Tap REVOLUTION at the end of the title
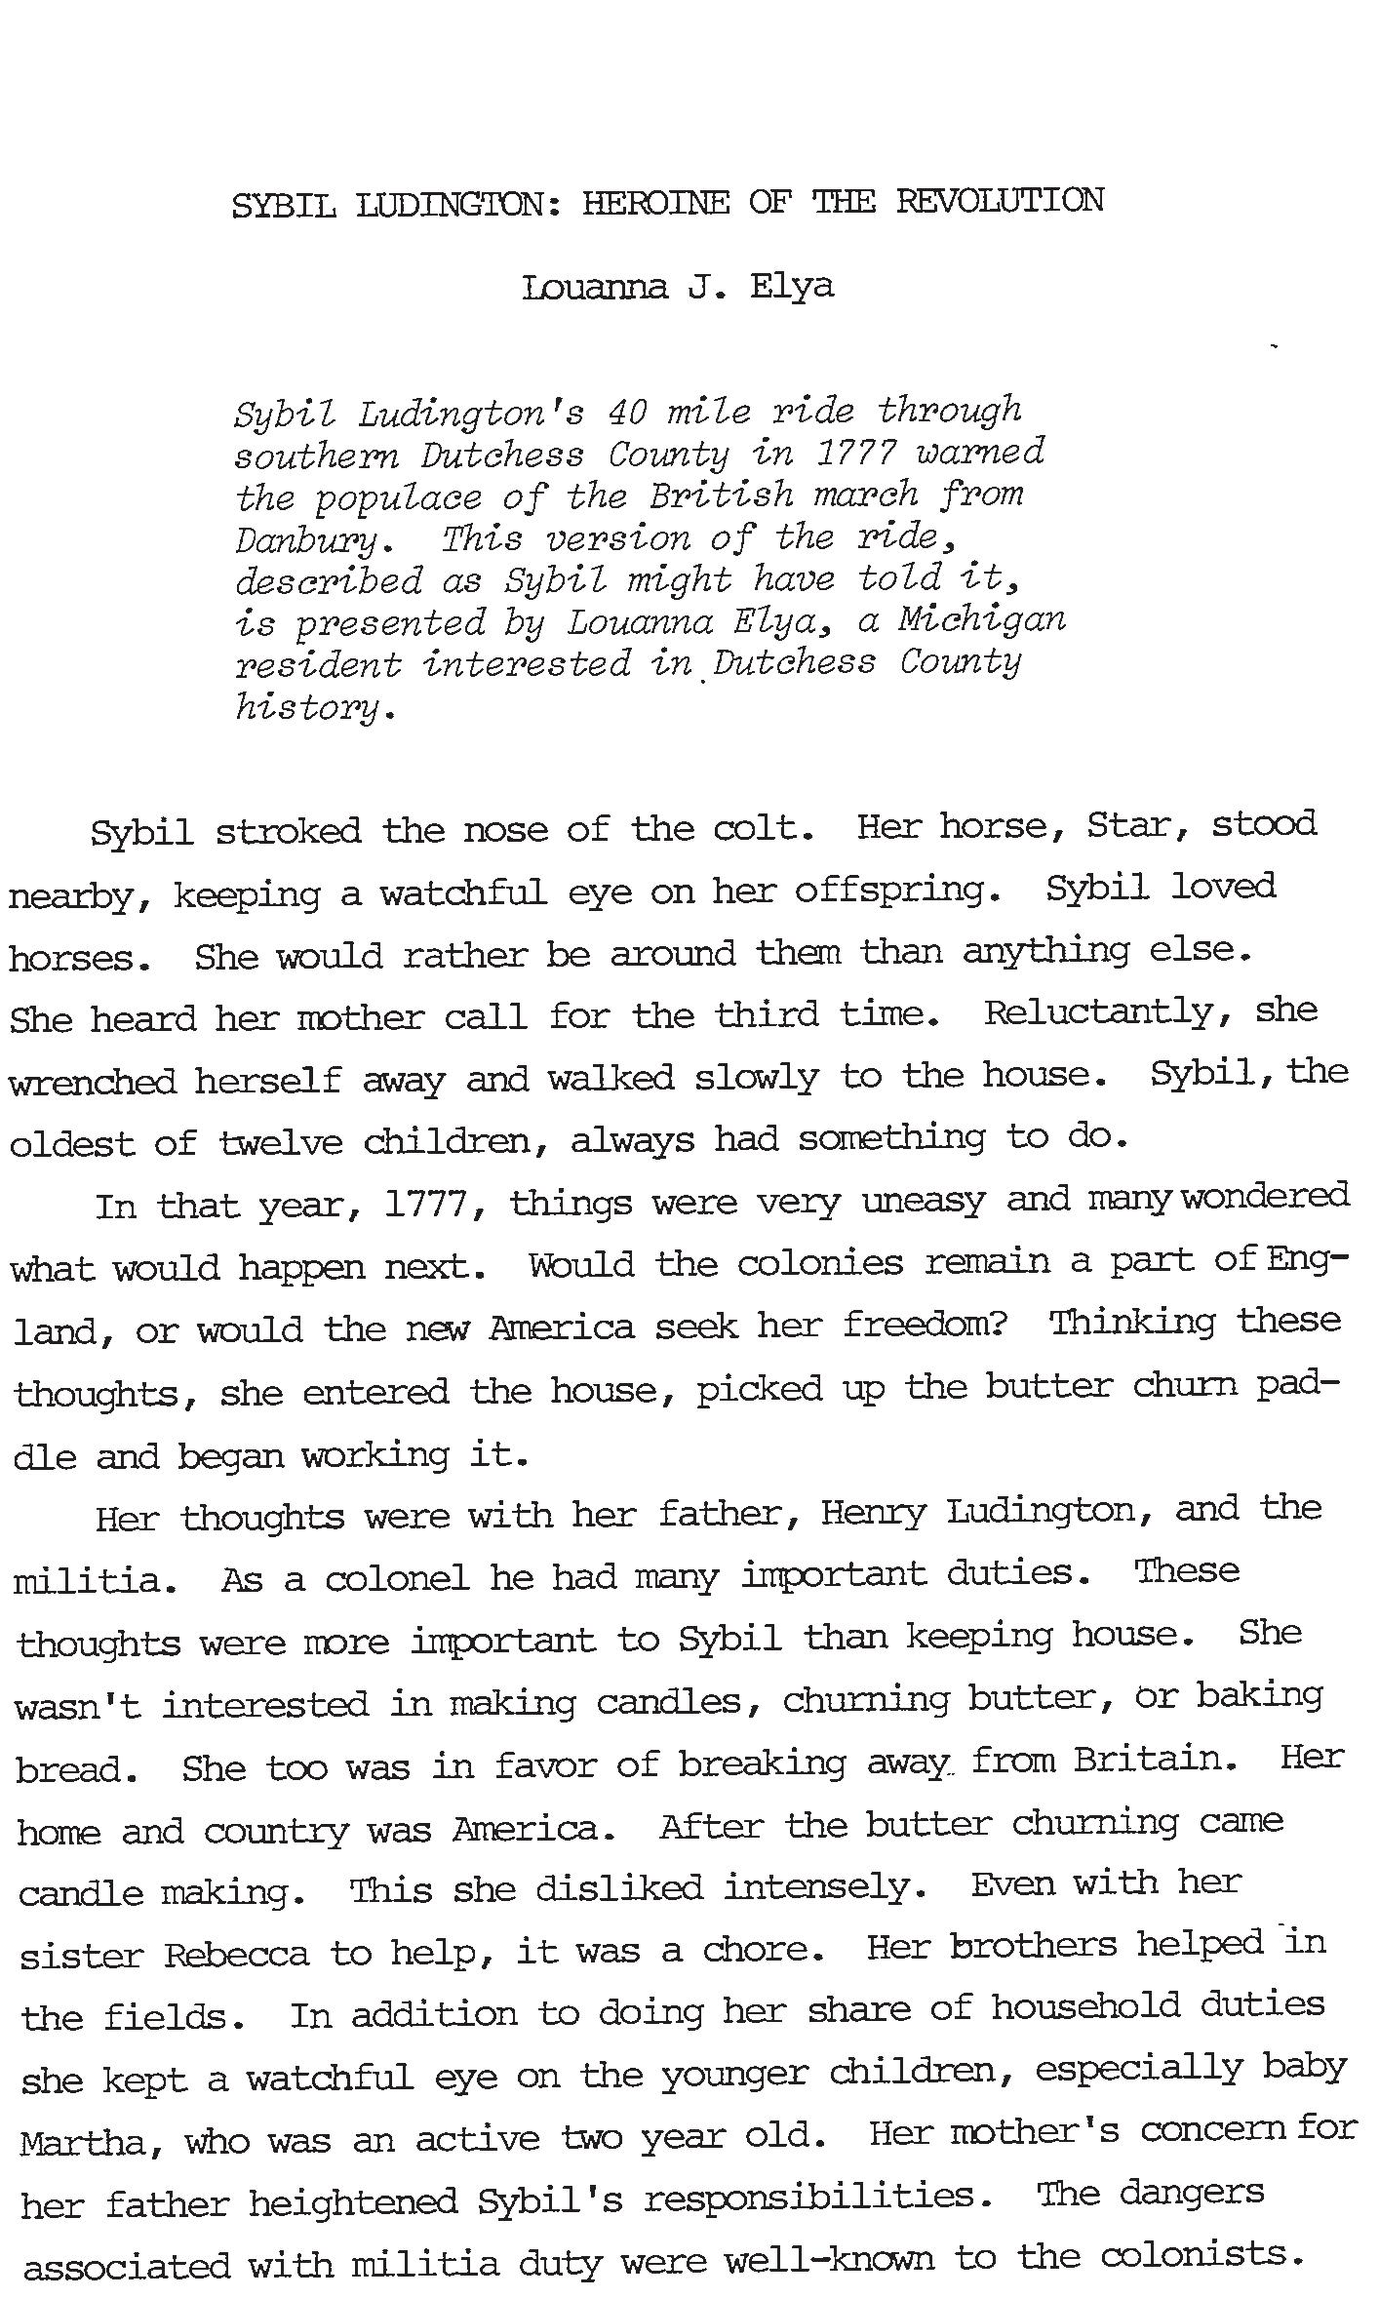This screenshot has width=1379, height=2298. click(1000, 202)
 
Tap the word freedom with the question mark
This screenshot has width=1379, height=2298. click(925, 1326)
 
